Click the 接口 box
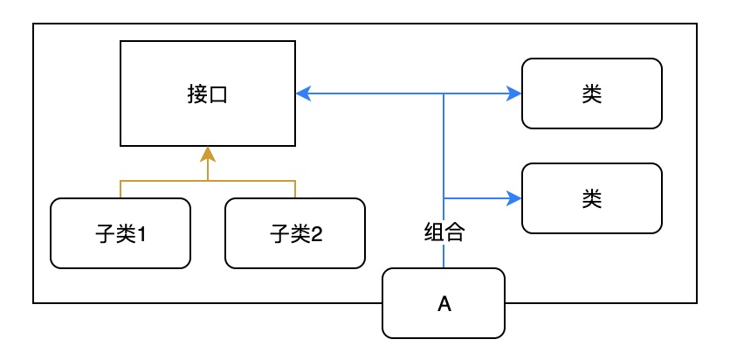[x=207, y=93]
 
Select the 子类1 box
[x=120, y=232]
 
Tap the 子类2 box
[x=294, y=232]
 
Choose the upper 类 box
[x=591, y=93]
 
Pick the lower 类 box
[x=591, y=198]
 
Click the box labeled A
[x=444, y=303]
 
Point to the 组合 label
[x=444, y=232]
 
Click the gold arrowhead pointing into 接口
[x=207, y=154]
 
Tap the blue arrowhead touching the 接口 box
[x=302, y=93]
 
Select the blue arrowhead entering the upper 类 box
[x=514, y=93]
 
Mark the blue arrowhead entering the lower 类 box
[x=514, y=198]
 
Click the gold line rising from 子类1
[x=120, y=189]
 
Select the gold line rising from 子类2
[x=294, y=189]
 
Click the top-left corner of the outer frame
[x=33, y=24]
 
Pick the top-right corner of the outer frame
[x=697, y=24]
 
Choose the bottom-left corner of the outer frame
[x=33, y=303]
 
